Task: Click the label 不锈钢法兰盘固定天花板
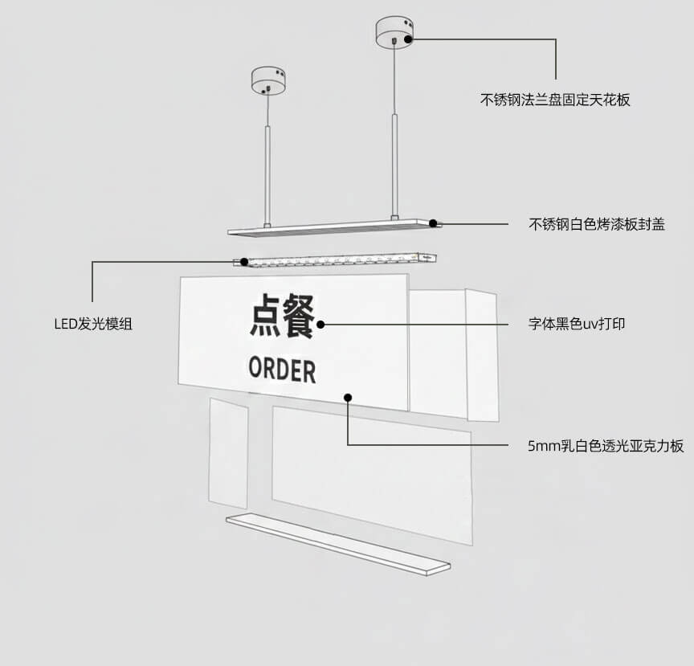click(555, 100)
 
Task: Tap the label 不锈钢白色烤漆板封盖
click(596, 224)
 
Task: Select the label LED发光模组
click(93, 325)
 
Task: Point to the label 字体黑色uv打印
click(576, 325)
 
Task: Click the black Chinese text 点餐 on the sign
click(281, 316)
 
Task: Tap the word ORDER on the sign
click(282, 370)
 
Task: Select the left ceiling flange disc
click(268, 80)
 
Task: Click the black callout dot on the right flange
click(409, 38)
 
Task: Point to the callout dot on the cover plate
click(433, 223)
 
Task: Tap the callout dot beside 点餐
click(320, 325)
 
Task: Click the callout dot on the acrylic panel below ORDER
click(348, 396)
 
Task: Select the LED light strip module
click(337, 260)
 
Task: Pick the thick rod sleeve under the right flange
click(394, 165)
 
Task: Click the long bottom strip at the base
click(337, 544)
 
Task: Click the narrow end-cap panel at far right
click(482, 355)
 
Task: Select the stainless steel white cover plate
click(333, 227)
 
